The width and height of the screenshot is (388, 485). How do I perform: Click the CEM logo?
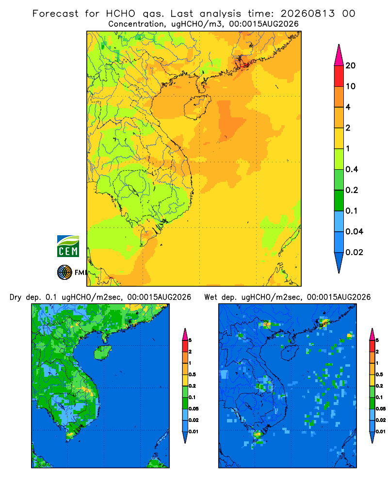pyautogui.click(x=68, y=246)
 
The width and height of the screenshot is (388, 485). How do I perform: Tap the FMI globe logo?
pyautogui.click(x=65, y=273)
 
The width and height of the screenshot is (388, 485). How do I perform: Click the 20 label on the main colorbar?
pyautogui.click(x=351, y=65)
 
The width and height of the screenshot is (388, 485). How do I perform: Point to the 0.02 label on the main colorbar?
pyautogui.click(x=354, y=252)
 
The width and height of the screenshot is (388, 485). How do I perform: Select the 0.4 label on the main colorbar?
pyautogui.click(x=352, y=169)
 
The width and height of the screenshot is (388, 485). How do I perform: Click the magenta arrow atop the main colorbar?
pyautogui.click(x=339, y=55)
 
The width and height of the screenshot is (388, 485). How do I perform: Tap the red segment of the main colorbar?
pyautogui.click(x=339, y=76)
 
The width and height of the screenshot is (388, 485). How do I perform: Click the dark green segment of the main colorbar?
pyautogui.click(x=339, y=200)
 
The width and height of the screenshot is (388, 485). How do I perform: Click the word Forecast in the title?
pyautogui.click(x=55, y=14)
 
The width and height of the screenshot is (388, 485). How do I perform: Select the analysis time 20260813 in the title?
pyautogui.click(x=307, y=14)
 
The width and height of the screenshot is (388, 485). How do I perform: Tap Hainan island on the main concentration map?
pyautogui.click(x=197, y=107)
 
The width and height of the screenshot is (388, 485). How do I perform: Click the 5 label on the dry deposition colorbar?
pyautogui.click(x=190, y=340)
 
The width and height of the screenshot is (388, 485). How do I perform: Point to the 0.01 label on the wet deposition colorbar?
pyautogui.click(x=381, y=432)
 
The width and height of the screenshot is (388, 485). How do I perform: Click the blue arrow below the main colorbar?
pyautogui.click(x=339, y=262)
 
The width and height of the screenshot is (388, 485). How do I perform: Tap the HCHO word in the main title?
pyautogui.click(x=121, y=14)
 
